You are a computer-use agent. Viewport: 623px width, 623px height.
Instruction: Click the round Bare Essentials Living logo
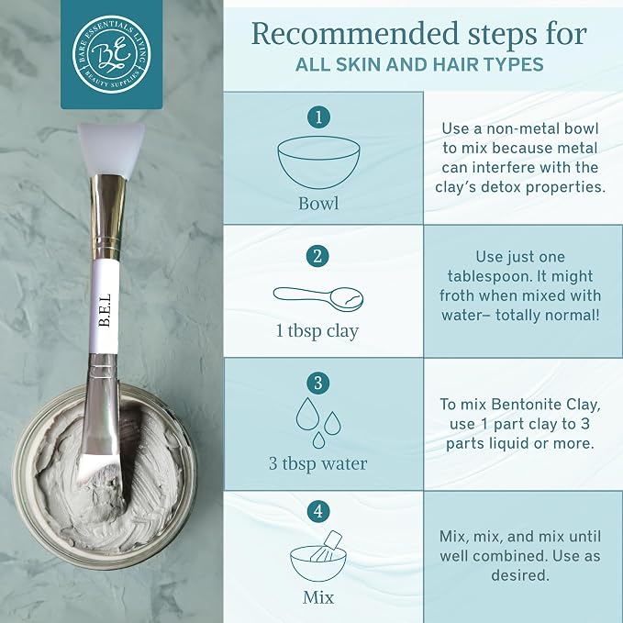tap(112, 54)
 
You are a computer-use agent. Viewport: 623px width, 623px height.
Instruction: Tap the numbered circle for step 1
tap(318, 117)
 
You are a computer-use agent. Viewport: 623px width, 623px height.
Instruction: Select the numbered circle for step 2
tap(317, 256)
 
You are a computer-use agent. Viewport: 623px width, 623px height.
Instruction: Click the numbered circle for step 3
tap(318, 383)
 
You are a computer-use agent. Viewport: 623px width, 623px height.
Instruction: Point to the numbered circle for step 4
tap(318, 511)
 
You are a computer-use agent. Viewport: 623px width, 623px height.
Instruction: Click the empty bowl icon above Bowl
tap(318, 161)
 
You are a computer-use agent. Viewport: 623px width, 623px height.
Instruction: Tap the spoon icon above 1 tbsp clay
tap(318, 297)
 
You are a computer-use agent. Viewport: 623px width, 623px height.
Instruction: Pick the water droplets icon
tap(318, 423)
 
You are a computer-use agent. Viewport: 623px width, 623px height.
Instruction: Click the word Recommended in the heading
tap(356, 34)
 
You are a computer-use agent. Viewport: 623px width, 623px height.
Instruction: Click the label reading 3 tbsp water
tap(317, 463)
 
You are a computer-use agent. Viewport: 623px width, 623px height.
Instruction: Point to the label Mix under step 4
tap(318, 597)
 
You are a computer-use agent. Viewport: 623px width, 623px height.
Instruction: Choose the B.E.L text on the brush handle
tap(105, 310)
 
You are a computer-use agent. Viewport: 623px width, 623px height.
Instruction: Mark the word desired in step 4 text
tap(520, 575)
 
